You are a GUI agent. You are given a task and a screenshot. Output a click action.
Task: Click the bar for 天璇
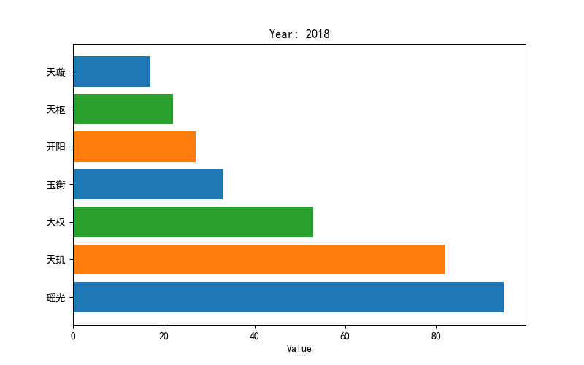(x=112, y=72)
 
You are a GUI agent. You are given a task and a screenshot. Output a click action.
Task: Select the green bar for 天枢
(x=123, y=109)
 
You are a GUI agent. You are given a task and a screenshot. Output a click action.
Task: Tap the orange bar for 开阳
(x=134, y=147)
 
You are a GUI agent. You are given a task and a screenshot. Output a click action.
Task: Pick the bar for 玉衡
(x=147, y=185)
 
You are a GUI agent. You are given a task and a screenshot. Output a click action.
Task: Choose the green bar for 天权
(x=193, y=222)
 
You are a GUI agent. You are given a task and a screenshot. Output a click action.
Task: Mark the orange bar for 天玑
(x=259, y=259)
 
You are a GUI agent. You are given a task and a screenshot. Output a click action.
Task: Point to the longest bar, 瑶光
(x=288, y=297)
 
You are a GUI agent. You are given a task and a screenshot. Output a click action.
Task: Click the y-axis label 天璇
(x=55, y=72)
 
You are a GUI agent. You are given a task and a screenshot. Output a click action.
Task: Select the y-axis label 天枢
(x=55, y=109)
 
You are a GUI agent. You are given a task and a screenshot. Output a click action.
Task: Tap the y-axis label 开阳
(x=55, y=147)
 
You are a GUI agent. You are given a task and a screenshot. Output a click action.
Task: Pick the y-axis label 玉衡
(x=55, y=185)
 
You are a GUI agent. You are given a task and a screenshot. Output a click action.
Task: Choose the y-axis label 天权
(x=55, y=222)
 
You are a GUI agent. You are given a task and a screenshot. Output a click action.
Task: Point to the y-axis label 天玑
(x=55, y=259)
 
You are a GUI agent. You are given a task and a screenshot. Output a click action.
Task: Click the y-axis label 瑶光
(x=55, y=297)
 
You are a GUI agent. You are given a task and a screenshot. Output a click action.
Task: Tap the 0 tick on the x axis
(x=73, y=336)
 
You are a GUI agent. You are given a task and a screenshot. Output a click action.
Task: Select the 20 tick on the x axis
(x=164, y=336)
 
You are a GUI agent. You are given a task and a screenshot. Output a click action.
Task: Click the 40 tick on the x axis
(x=254, y=336)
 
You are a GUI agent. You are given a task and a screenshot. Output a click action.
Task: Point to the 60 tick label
(x=345, y=336)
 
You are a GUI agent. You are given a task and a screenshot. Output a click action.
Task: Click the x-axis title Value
(x=299, y=349)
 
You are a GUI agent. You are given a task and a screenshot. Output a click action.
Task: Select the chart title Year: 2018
(x=299, y=34)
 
